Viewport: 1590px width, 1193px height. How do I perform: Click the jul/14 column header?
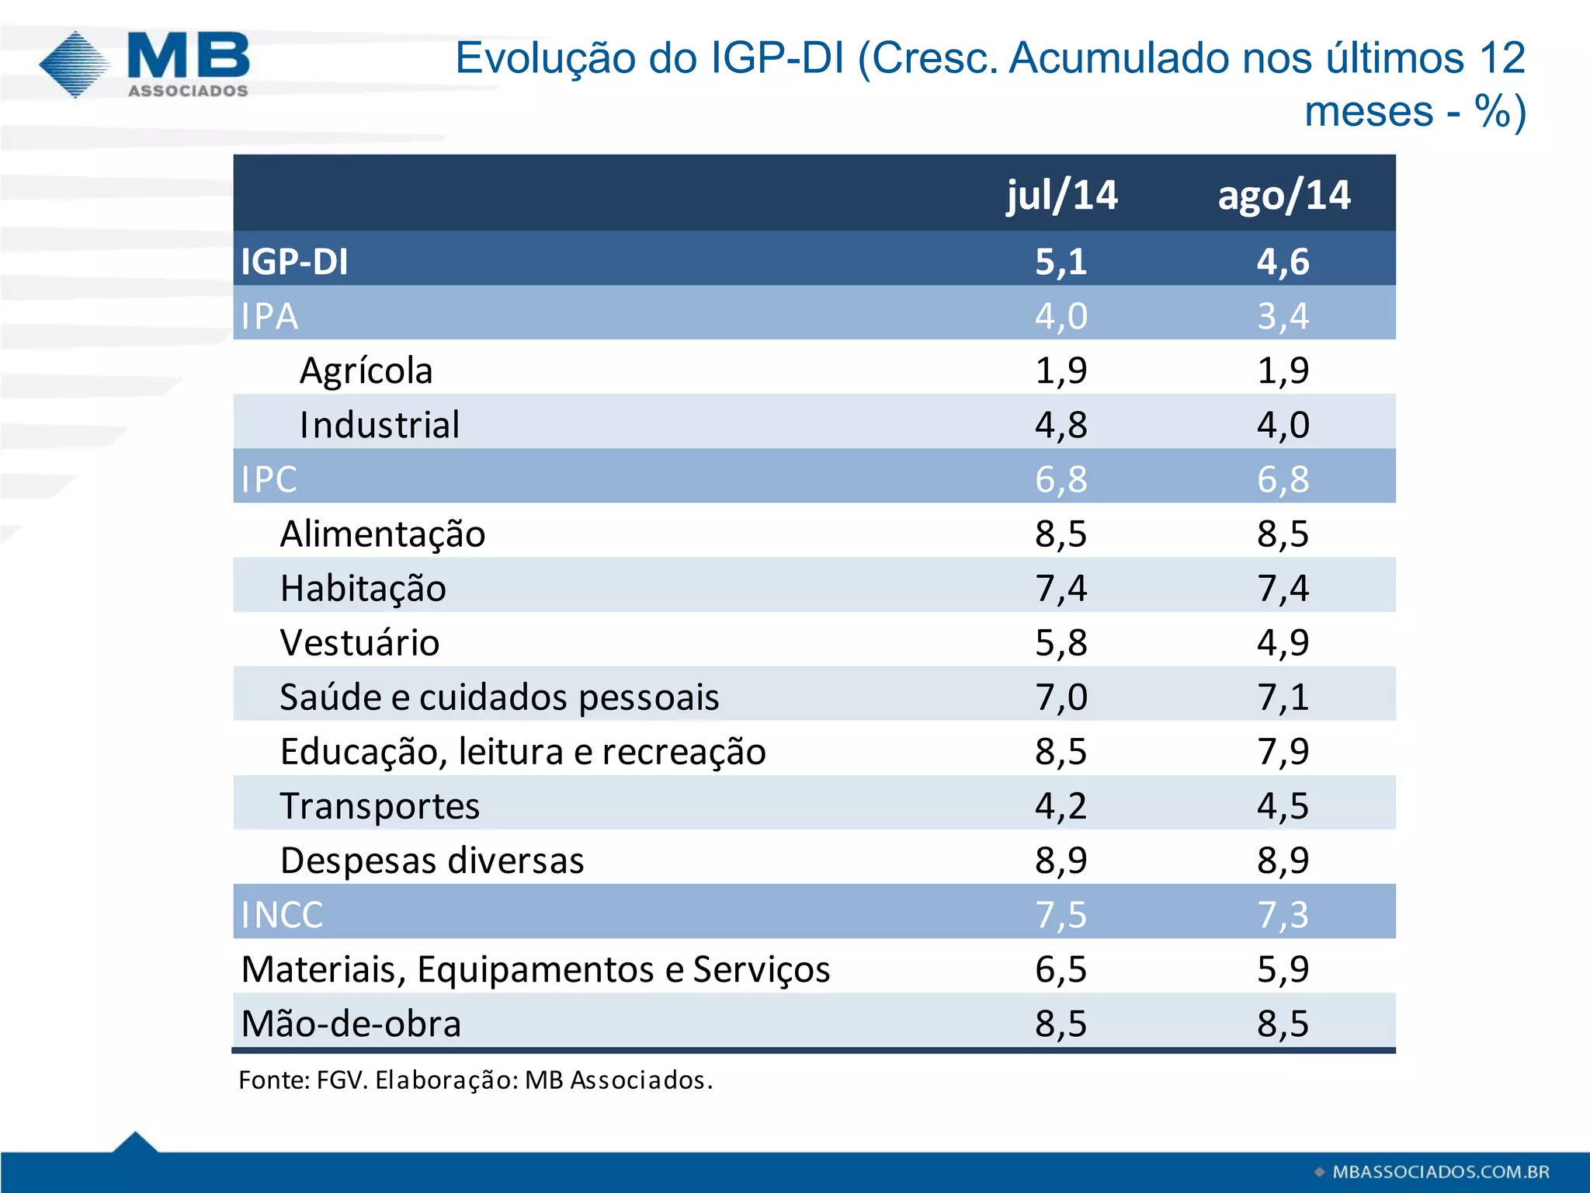(1061, 195)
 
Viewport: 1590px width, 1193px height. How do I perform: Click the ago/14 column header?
(1283, 195)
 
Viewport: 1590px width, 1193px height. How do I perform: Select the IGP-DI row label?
(294, 261)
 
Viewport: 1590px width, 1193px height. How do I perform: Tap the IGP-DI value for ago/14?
(1283, 261)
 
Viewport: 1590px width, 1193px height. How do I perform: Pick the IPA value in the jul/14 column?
(1061, 316)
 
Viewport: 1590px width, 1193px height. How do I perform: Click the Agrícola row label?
(366, 370)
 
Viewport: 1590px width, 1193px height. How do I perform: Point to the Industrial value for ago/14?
(1283, 425)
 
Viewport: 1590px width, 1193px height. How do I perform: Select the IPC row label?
(269, 479)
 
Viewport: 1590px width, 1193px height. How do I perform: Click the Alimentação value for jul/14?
(1061, 534)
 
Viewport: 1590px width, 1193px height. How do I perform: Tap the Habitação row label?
(363, 589)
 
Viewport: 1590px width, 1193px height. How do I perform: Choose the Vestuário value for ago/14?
(1283, 642)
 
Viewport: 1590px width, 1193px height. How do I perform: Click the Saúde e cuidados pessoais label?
(499, 697)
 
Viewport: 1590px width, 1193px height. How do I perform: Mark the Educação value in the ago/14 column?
(1283, 751)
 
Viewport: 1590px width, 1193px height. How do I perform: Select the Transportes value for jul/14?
(1061, 806)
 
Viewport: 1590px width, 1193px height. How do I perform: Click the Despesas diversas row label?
(432, 861)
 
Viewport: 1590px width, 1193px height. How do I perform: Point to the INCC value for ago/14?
(1283, 915)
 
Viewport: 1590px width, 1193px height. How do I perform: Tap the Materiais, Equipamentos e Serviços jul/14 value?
(1061, 969)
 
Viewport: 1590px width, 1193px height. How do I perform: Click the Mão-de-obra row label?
(351, 1024)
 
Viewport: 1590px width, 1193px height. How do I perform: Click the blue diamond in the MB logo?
(75, 64)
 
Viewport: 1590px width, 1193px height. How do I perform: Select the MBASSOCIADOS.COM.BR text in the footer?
(1440, 1171)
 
